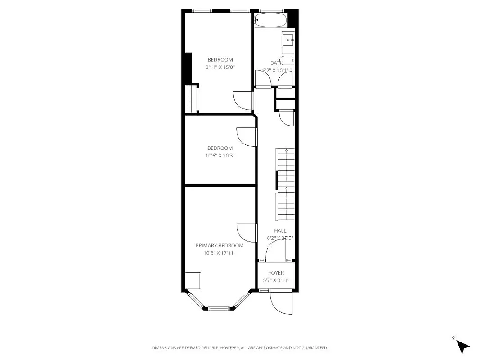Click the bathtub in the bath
pos(270,20)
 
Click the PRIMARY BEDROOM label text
pos(219,246)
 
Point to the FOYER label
pos(276,273)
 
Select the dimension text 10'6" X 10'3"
pos(220,156)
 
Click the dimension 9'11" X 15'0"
pos(220,67)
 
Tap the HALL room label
pos(280,231)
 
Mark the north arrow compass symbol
pos(462,346)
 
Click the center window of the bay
pos(219,308)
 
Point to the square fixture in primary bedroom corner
pos(193,280)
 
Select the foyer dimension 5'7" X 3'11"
pos(276,280)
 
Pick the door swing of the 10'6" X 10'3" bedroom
pos(246,137)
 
